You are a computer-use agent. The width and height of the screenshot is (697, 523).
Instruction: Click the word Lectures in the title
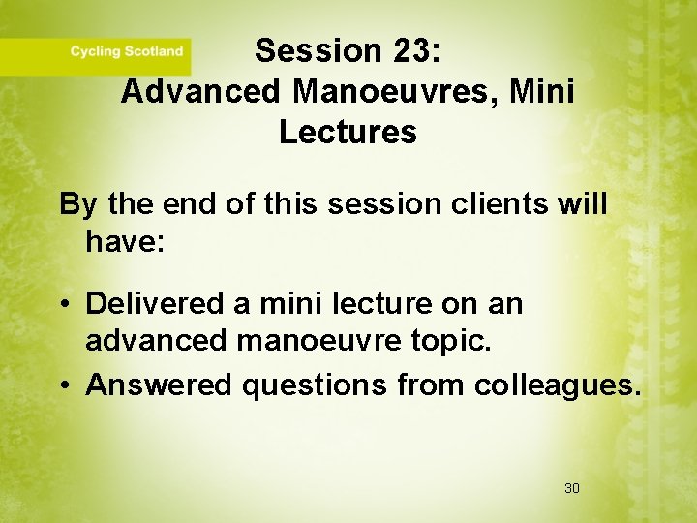348,132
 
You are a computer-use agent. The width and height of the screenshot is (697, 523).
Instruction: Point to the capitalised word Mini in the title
540,91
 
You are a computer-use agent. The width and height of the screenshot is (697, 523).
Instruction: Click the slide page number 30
571,488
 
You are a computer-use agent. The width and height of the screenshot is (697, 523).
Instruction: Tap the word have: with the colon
126,241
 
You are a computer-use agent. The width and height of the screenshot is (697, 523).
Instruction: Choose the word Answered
159,385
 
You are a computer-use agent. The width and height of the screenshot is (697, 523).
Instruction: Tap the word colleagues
557,385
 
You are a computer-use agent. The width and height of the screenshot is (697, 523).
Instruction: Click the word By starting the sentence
79,204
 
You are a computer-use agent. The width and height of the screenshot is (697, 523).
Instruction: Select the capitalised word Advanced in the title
201,91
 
